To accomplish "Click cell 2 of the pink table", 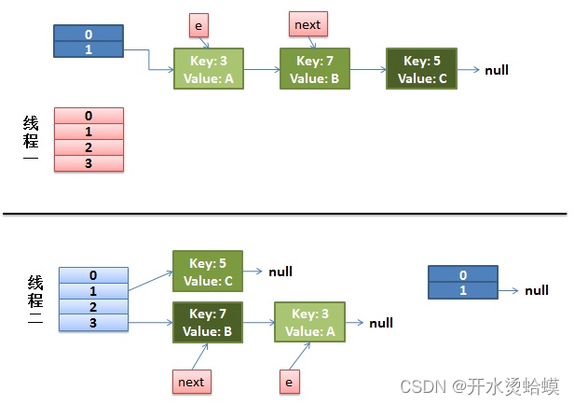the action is point(89,147).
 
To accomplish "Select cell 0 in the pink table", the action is point(89,116).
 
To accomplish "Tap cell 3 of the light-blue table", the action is point(94,323).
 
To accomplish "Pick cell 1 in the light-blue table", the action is point(94,291).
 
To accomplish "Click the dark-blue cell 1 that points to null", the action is point(463,290).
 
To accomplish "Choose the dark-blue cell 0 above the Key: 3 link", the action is point(89,34).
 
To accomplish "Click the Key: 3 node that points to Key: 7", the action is point(209,68).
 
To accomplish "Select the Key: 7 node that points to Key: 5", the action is point(315,68).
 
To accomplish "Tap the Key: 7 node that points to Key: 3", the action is point(208,323).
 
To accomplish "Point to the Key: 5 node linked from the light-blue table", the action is point(208,272).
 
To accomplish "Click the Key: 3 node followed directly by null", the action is point(309,323).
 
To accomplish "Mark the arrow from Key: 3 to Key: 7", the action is point(262,69).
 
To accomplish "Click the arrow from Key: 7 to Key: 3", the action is point(258,323).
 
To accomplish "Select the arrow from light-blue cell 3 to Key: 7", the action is point(150,323).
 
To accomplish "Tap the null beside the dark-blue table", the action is point(537,290).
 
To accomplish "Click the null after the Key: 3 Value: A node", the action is point(381,323).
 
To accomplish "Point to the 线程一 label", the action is point(31,137).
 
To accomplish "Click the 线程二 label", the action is point(35,300).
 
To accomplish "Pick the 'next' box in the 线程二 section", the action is point(192,382).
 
